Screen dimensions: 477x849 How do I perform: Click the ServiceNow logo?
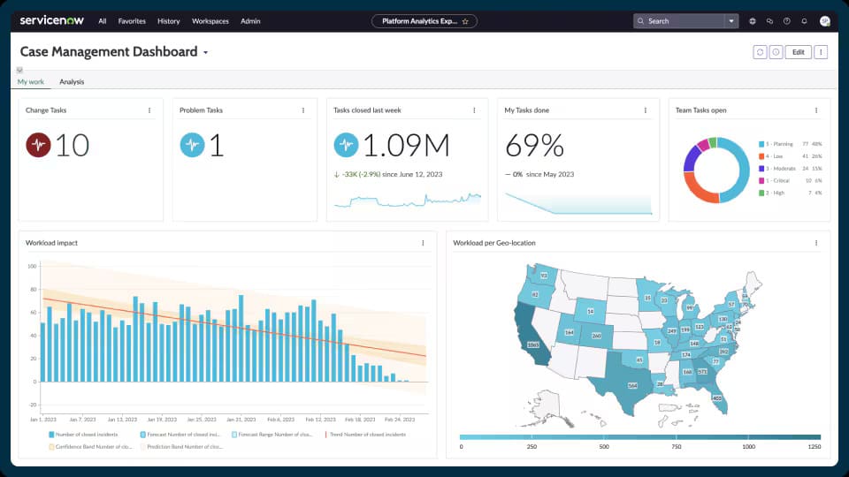[x=51, y=20]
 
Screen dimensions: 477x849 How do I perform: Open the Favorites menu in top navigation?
[x=132, y=21]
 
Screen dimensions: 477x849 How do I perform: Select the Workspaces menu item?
[x=210, y=21]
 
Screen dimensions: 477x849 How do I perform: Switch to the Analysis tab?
[x=72, y=82]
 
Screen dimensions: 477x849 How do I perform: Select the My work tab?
[x=30, y=82]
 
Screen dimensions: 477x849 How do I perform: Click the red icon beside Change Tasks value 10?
[x=38, y=145]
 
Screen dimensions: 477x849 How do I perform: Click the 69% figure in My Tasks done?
[x=533, y=146]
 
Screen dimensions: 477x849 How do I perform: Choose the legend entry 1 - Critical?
[x=779, y=180]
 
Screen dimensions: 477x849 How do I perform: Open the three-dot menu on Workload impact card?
[x=423, y=243]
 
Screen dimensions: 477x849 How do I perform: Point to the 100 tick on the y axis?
[x=32, y=266]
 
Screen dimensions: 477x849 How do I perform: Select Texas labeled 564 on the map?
[x=631, y=384]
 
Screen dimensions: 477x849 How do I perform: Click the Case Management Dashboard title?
[x=109, y=52]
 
